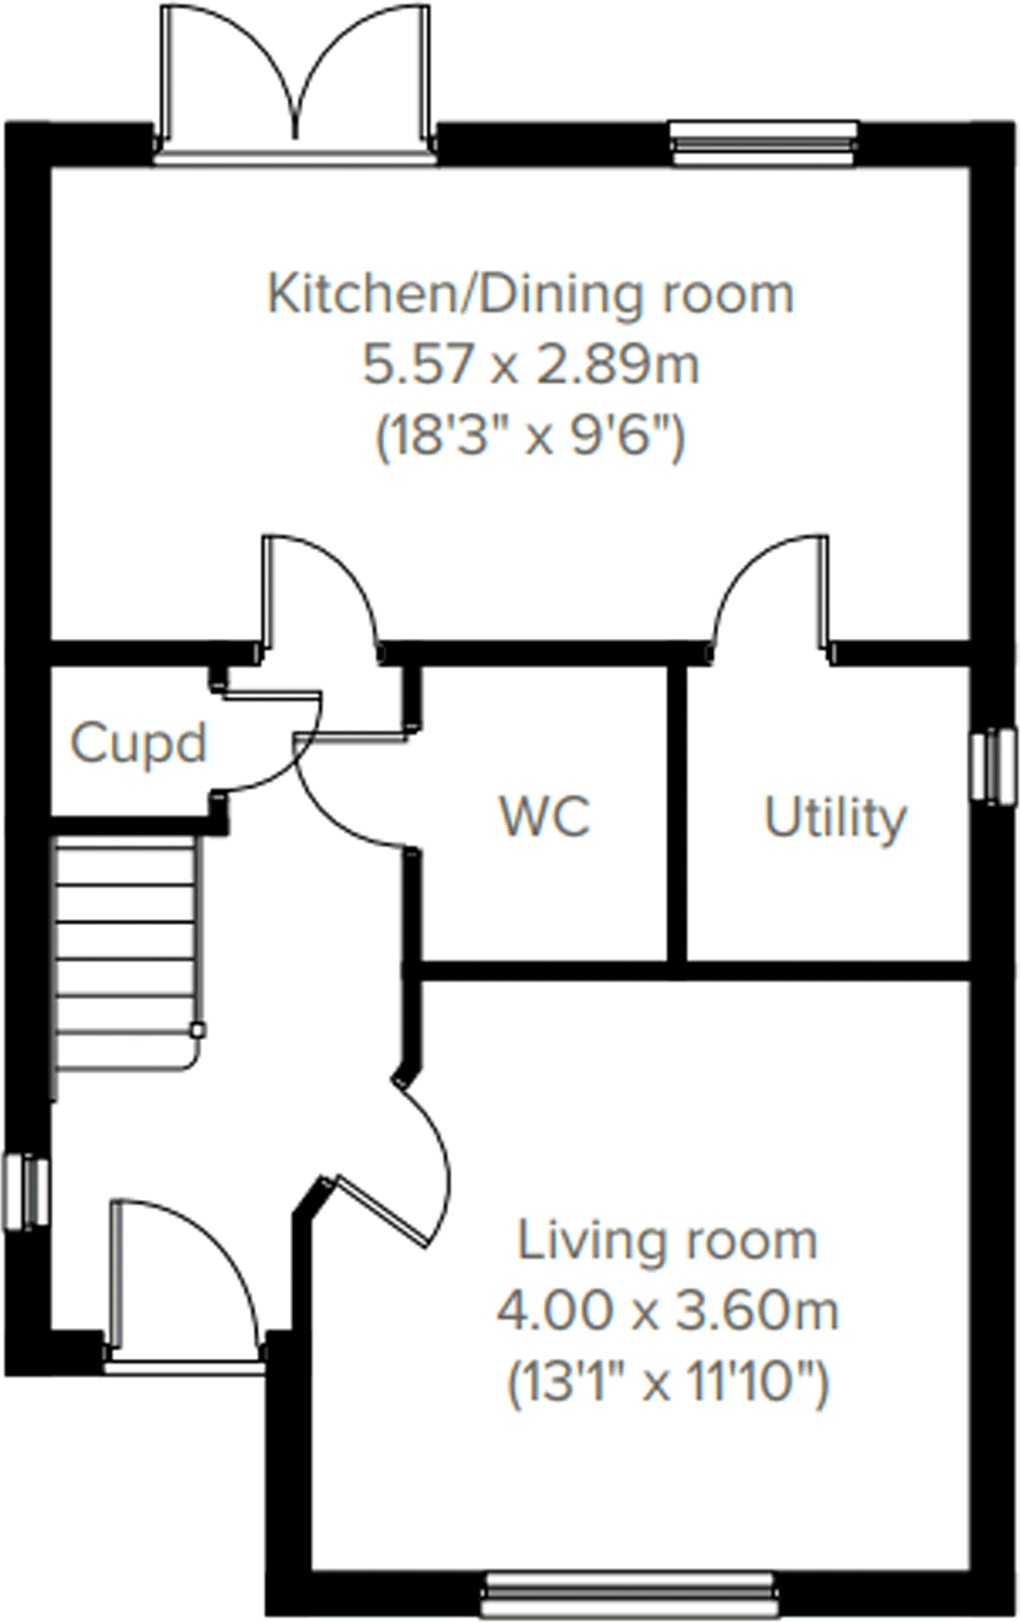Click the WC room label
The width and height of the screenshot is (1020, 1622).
click(545, 816)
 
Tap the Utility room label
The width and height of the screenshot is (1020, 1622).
click(835, 818)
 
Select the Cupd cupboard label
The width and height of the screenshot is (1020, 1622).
click(139, 743)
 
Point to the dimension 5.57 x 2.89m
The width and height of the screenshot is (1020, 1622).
click(529, 365)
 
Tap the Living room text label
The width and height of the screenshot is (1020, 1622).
click(666, 1241)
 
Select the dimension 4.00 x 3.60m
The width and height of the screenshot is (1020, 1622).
click(666, 1312)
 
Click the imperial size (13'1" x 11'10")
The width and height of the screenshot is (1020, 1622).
click(666, 1383)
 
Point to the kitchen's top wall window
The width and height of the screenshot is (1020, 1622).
click(762, 144)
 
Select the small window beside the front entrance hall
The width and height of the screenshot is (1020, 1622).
click(26, 1192)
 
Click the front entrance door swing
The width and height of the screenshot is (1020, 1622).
click(185, 1274)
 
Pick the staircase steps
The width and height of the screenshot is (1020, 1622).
click(126, 951)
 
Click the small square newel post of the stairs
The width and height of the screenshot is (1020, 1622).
click(197, 1030)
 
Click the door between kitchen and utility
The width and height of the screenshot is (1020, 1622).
click(770, 594)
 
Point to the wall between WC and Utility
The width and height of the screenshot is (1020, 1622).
click(676, 818)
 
